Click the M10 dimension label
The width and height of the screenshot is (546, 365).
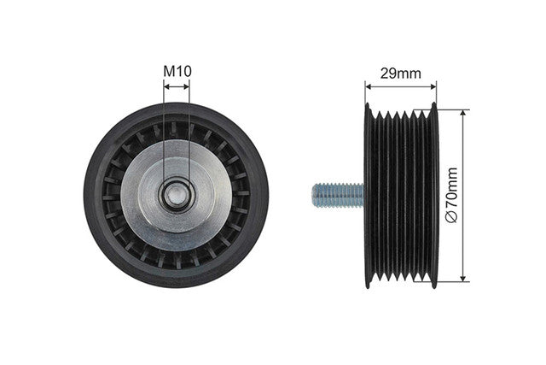(x=177, y=71)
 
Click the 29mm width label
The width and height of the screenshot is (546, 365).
(x=400, y=74)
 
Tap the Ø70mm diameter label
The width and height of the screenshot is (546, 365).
(x=451, y=195)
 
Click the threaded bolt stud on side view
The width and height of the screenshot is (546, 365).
(x=338, y=196)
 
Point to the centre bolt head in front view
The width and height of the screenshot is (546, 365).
(x=177, y=196)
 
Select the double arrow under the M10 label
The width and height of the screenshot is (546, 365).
(x=177, y=86)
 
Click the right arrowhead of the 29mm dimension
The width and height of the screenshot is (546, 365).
(x=433, y=86)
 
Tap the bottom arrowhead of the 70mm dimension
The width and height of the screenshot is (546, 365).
(x=462, y=277)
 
